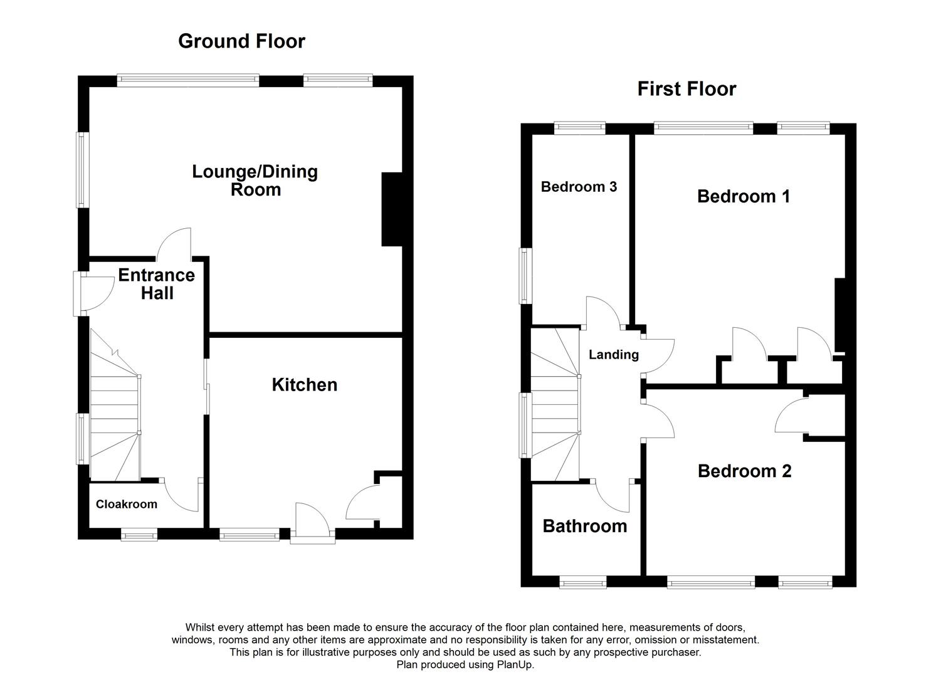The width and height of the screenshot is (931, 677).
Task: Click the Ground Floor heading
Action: pyautogui.click(x=241, y=41)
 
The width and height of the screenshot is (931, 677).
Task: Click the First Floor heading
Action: pyautogui.click(x=686, y=89)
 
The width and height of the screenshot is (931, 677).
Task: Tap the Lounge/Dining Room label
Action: pyautogui.click(x=255, y=181)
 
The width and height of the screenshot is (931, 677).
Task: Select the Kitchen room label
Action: pyautogui.click(x=304, y=385)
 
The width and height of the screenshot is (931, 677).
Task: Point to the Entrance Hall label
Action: pyautogui.click(x=157, y=284)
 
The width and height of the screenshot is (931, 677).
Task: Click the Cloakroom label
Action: pyautogui.click(x=127, y=505)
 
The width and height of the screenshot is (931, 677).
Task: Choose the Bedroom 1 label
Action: pyautogui.click(x=743, y=197)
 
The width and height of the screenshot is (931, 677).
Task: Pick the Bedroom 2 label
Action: pyautogui.click(x=744, y=471)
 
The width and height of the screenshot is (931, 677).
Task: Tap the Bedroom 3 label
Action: pyautogui.click(x=579, y=187)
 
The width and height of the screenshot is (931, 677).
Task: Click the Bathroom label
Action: pyautogui.click(x=584, y=527)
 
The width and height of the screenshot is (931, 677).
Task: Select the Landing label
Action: pyautogui.click(x=613, y=355)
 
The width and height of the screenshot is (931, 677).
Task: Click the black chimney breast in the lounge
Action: pyautogui.click(x=391, y=209)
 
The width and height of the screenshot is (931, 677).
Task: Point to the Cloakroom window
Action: pyautogui.click(x=139, y=535)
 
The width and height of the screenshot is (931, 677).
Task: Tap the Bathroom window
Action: pyautogui.click(x=582, y=583)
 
